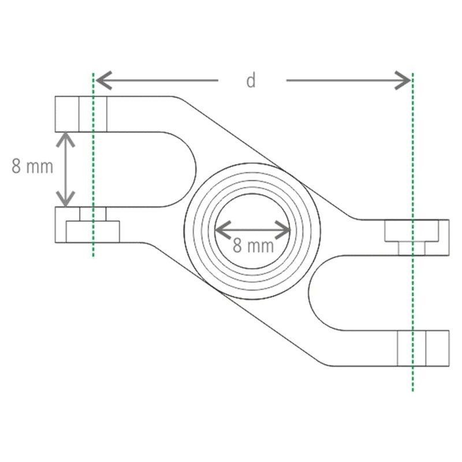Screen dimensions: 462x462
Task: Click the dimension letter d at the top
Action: tap(251, 81)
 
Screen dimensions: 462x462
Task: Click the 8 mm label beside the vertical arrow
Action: tap(32, 167)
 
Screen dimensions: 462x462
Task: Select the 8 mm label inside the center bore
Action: tap(253, 245)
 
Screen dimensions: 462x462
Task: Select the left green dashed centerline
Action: tap(92, 173)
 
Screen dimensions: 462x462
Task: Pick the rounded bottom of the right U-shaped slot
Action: tap(315, 292)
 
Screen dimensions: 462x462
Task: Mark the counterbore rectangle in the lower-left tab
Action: tap(92, 232)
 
